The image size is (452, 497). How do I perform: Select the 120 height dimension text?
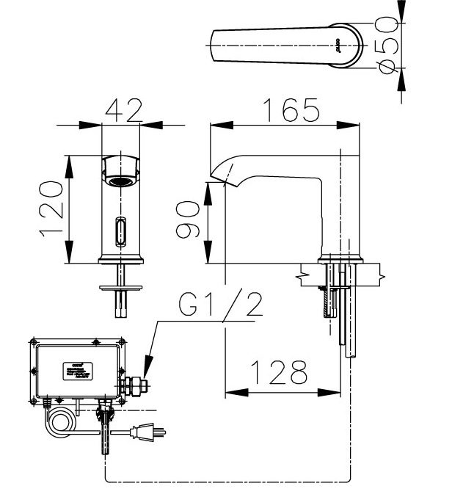[x=52, y=209]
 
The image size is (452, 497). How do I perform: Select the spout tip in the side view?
[x=216, y=176]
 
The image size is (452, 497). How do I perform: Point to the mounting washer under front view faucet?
[x=120, y=280]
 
